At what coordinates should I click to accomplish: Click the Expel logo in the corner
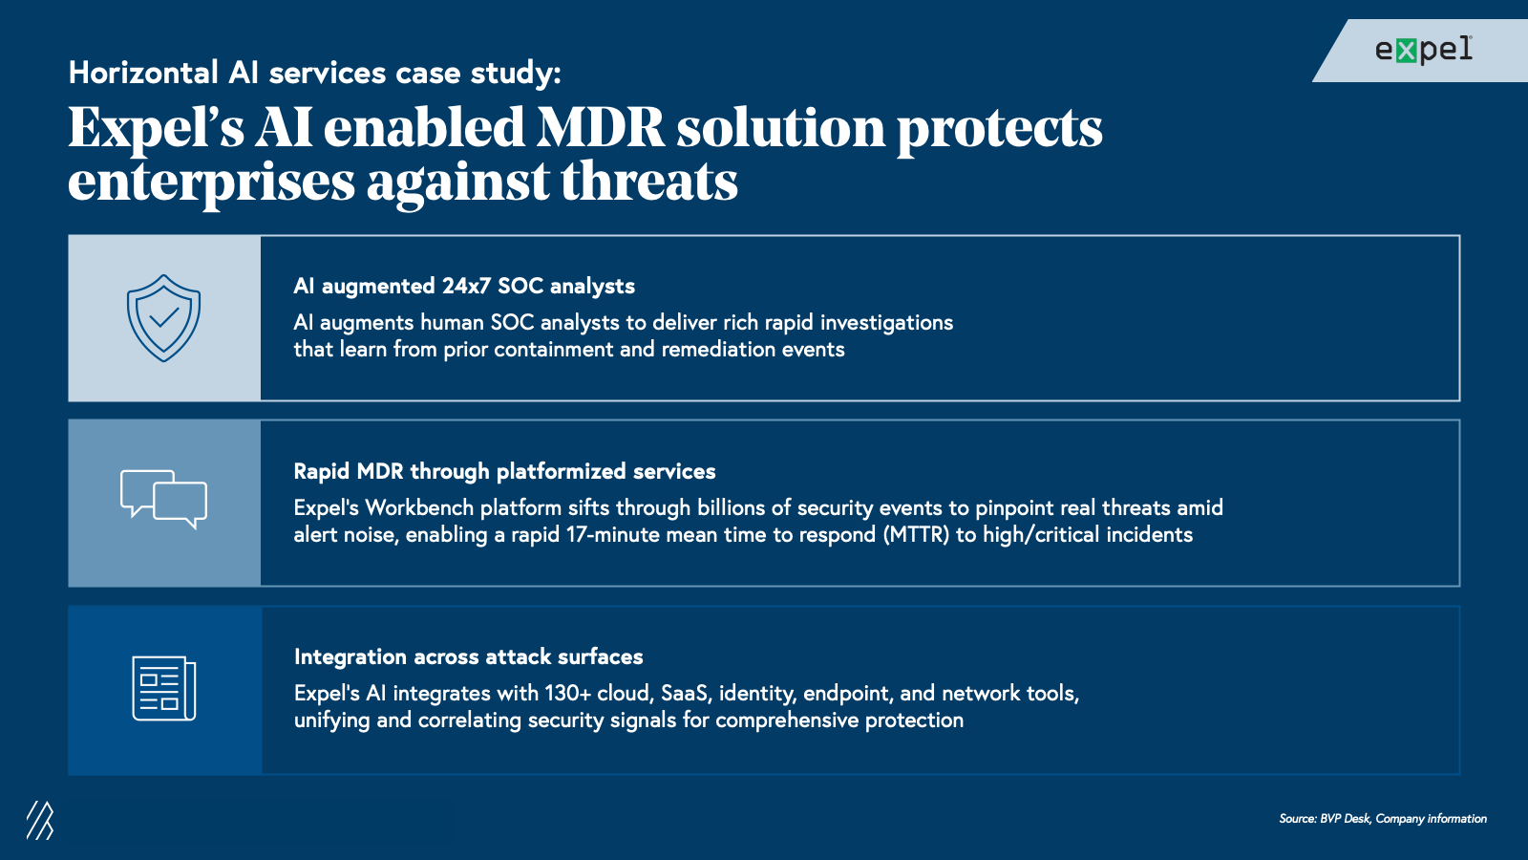point(1424,50)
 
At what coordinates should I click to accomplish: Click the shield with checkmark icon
point(163,318)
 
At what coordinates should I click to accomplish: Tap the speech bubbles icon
point(163,500)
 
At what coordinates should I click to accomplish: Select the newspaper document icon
point(163,688)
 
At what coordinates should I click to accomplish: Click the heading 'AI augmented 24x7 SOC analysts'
point(464,286)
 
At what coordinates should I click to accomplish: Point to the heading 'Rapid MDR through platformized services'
point(504,472)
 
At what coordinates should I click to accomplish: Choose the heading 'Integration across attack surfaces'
point(469,656)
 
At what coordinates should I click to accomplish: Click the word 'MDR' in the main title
point(600,128)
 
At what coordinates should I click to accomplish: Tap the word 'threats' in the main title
point(648,182)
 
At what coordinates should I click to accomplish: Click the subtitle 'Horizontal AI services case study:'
point(314,73)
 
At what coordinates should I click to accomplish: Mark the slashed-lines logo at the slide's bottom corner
point(39,820)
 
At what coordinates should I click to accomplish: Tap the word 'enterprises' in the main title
point(211,183)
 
